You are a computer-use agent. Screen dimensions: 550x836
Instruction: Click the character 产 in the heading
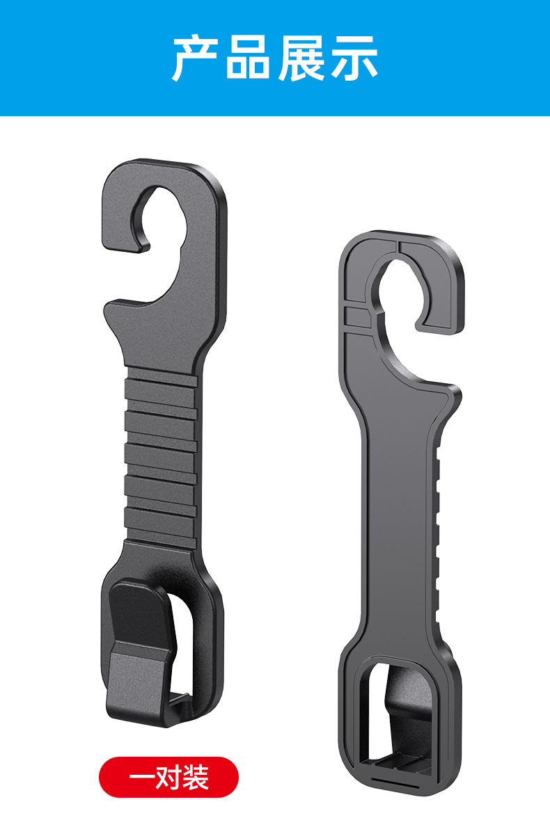pyautogui.click(x=195, y=58)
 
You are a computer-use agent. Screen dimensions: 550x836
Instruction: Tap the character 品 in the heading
pyautogui.click(x=247, y=57)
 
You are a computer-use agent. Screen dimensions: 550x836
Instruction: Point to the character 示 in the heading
pyautogui.click(x=354, y=58)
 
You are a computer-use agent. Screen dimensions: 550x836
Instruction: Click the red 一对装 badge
pyautogui.click(x=168, y=777)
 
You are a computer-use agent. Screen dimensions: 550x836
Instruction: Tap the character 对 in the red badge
pyautogui.click(x=169, y=777)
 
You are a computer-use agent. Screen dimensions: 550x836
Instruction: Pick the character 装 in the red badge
pyautogui.click(x=196, y=777)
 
